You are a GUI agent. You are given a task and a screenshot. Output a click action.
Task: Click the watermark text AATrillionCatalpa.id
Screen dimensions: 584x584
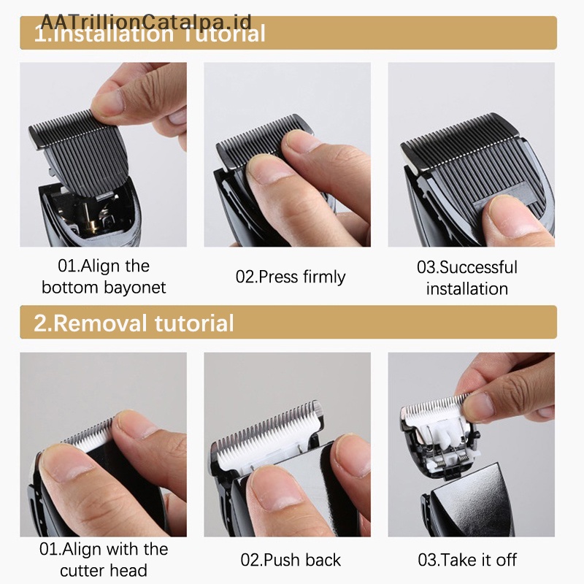click(146, 22)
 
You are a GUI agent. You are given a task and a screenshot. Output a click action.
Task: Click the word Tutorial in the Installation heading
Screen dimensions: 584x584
click(225, 34)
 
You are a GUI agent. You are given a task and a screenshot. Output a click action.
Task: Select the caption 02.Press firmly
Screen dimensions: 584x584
click(291, 277)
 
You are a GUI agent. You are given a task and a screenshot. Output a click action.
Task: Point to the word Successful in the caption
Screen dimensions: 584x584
click(478, 267)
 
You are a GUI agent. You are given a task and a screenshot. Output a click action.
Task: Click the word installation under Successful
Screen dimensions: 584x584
click(467, 288)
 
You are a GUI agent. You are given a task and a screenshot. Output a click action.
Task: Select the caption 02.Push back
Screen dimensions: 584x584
click(291, 560)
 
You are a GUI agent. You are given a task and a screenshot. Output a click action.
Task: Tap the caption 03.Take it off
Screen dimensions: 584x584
click(467, 560)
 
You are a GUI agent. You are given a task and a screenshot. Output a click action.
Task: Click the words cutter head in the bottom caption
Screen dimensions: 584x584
click(104, 571)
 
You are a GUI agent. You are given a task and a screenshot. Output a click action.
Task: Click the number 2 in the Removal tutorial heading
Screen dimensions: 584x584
click(41, 323)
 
